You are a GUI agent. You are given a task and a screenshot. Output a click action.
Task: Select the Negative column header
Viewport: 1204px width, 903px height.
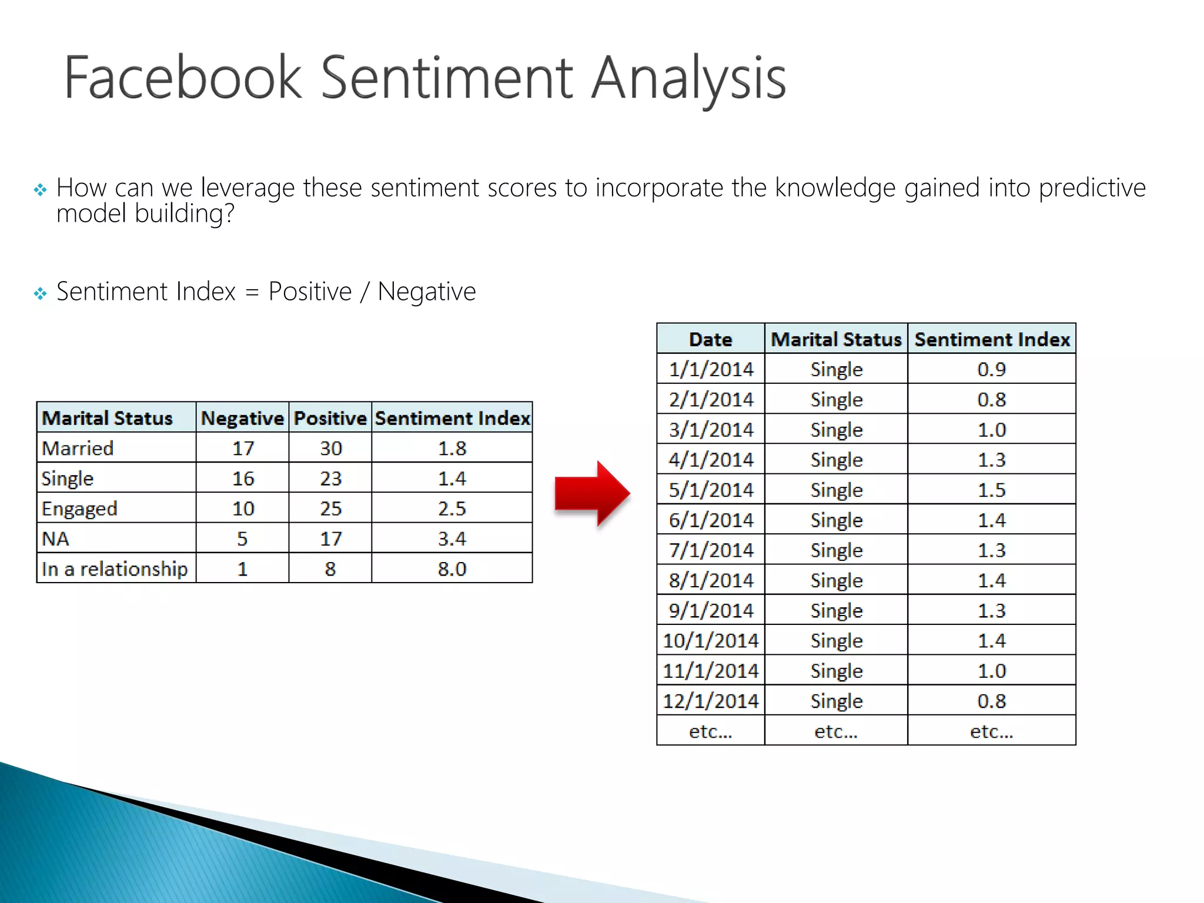tap(242, 418)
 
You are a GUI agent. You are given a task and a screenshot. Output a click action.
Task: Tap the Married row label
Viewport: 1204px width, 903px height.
tap(78, 449)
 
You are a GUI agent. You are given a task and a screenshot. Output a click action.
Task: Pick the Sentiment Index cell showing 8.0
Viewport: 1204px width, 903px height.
tap(451, 569)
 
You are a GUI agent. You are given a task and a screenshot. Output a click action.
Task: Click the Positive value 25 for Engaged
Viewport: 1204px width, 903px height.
tap(330, 509)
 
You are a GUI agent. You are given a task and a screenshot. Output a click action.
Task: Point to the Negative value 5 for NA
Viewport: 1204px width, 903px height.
tap(242, 539)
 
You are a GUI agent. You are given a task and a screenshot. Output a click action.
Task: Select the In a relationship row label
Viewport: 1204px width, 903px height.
tap(115, 569)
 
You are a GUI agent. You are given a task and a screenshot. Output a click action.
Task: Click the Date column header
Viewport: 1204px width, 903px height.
tap(710, 339)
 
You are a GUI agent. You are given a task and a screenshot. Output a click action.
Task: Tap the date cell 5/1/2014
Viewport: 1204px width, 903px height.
tap(710, 490)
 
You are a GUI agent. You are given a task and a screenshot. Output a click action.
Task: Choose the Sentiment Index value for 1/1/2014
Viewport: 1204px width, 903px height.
tap(991, 369)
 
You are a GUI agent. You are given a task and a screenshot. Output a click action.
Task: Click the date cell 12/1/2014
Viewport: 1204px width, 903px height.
tap(710, 701)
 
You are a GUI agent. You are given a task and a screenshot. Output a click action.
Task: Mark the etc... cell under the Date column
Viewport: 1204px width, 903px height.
tap(710, 731)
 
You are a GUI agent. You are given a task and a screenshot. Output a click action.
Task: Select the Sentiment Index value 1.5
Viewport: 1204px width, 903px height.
tap(991, 490)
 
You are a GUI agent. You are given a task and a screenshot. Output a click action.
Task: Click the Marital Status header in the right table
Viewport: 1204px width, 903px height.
tap(836, 339)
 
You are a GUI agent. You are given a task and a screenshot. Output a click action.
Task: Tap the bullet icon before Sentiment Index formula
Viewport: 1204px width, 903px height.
tap(40, 293)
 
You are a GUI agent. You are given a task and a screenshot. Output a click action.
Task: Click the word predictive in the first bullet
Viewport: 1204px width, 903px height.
tap(1092, 188)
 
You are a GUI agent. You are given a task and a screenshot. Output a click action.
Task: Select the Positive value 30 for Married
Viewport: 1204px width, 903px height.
tap(330, 449)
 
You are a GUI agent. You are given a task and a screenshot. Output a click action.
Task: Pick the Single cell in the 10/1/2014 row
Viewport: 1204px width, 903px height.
tap(836, 641)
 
